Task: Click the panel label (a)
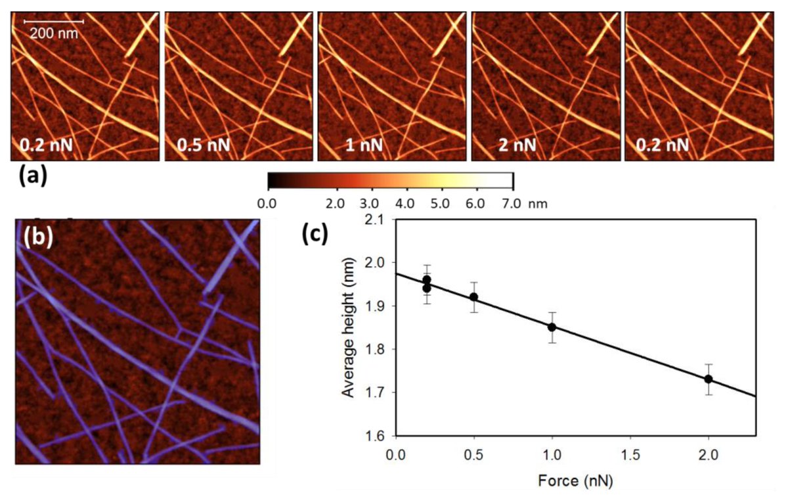click(32, 176)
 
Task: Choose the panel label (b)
click(39, 238)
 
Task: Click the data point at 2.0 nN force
click(709, 379)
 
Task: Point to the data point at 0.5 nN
click(473, 297)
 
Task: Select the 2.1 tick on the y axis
click(378, 220)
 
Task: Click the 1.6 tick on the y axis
click(378, 436)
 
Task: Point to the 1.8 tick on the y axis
click(378, 350)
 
